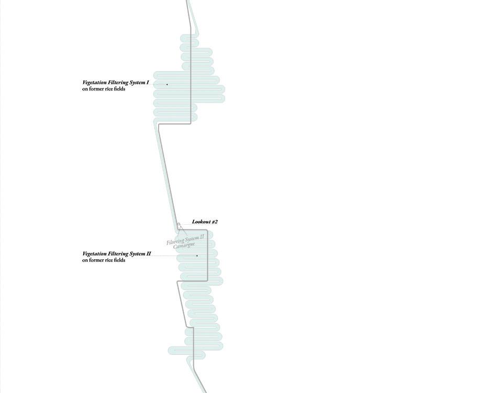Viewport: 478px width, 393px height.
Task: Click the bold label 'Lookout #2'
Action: [x=205, y=222]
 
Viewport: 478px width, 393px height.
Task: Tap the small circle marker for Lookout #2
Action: [x=179, y=225]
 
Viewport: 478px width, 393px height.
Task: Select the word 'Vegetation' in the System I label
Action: [x=94, y=83]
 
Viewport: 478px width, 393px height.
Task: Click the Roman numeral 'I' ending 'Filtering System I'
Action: [x=148, y=83]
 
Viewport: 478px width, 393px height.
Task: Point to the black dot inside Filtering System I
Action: [x=167, y=84]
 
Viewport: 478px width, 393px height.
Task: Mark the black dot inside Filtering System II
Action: [x=197, y=256]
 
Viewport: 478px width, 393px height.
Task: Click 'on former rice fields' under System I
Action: [x=103, y=89]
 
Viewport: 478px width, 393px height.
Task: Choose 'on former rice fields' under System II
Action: [x=103, y=260]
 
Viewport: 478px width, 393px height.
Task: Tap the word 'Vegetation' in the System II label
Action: [x=94, y=254]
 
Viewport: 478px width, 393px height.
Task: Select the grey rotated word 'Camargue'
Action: [x=184, y=245]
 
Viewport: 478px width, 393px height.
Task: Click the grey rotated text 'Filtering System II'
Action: [x=185, y=240]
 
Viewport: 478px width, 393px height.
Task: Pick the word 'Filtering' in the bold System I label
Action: [x=118, y=83]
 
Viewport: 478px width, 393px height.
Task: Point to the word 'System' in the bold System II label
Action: [x=138, y=254]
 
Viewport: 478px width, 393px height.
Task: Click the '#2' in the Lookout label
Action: [x=215, y=222]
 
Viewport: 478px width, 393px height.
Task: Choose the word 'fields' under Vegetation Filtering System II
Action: [x=119, y=260]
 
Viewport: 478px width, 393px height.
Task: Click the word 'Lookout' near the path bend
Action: [x=201, y=222]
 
